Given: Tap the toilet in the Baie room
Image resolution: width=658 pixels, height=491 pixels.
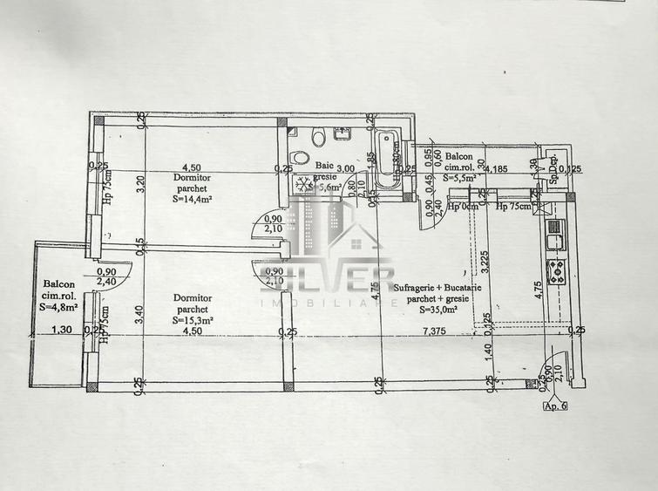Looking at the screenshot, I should pyautogui.click(x=319, y=135).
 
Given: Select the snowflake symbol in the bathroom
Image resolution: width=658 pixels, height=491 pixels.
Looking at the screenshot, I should pyautogui.click(x=304, y=184).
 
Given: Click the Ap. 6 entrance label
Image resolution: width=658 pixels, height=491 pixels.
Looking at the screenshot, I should pyautogui.click(x=554, y=406).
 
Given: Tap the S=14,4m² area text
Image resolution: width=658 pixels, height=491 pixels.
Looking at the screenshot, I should pyautogui.click(x=193, y=198).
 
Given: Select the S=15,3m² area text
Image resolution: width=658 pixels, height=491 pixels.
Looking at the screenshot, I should pyautogui.click(x=193, y=320).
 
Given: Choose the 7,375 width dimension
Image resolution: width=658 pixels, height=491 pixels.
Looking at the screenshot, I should pyautogui.click(x=435, y=331).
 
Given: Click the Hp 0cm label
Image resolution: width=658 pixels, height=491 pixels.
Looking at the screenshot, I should pyautogui.click(x=463, y=207).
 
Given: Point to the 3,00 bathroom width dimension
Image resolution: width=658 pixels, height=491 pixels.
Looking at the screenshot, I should pyautogui.click(x=346, y=168).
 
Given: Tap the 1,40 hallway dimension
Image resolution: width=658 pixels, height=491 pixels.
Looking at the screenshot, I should pyautogui.click(x=490, y=350).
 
